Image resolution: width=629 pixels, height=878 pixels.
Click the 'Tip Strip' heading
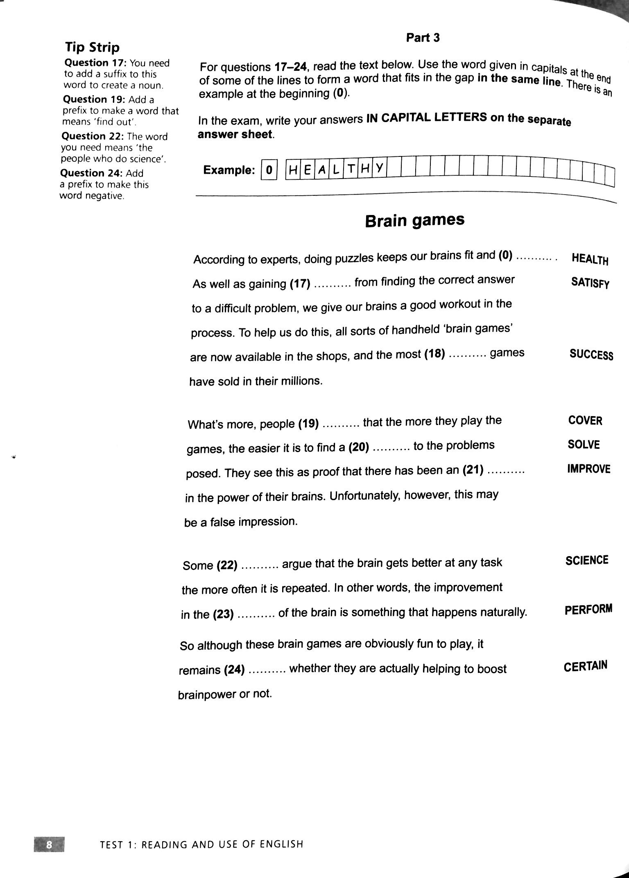pos(92,48)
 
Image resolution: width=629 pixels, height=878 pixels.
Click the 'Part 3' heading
pos(423,38)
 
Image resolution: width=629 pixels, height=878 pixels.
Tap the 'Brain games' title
pos(414,221)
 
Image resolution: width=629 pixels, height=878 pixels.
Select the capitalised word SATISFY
pos(590,283)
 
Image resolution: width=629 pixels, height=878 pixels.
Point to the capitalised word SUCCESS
pos(591,354)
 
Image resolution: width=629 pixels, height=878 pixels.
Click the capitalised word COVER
pos(585,421)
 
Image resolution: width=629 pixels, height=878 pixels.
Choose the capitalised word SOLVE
pos(584,445)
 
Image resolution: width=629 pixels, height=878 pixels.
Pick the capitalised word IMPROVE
pos(588,469)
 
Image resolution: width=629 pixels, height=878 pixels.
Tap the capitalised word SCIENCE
pos(587,560)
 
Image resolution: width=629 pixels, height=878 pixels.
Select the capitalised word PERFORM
pos(588,609)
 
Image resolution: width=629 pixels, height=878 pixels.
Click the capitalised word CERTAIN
pos(585,667)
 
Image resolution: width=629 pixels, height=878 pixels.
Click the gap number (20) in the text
pos(359,448)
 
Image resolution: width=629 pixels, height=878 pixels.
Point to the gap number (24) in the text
pos(235,670)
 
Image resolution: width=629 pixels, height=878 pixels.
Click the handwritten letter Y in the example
pos(379,168)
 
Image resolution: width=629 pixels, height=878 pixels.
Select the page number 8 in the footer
pos(49,844)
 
